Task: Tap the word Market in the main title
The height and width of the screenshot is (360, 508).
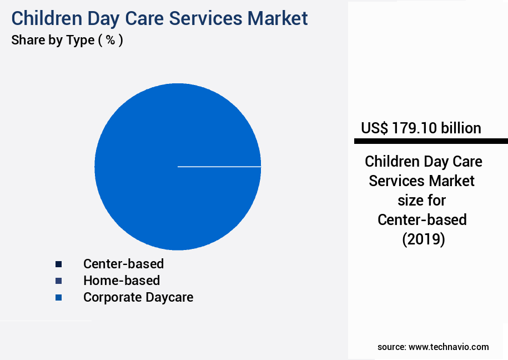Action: coord(278,18)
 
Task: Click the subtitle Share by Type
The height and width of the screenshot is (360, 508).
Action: coord(53,41)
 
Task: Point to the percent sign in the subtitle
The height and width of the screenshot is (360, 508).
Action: coord(110,41)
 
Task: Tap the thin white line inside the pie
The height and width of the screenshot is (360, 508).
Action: coord(219,166)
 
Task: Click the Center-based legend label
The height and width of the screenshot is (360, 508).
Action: coord(123,263)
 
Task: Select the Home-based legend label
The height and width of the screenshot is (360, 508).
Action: coord(122,281)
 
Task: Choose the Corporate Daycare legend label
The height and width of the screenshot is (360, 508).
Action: coord(138,297)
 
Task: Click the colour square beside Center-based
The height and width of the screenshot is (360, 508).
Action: coord(58,264)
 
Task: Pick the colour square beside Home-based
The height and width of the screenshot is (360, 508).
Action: coord(58,281)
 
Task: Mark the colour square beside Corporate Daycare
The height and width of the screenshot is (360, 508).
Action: coord(58,298)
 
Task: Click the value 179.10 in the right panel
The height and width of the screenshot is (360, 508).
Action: coord(415,128)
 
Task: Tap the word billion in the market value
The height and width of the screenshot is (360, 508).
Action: coord(461,128)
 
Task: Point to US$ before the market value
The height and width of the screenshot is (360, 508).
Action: coord(374,128)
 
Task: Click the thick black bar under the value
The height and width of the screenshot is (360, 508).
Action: coord(431,141)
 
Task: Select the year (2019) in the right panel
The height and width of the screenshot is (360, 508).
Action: coord(423,239)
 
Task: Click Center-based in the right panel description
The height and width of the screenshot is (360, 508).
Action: coord(422,220)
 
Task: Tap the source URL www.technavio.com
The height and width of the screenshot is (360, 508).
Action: coord(449,347)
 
